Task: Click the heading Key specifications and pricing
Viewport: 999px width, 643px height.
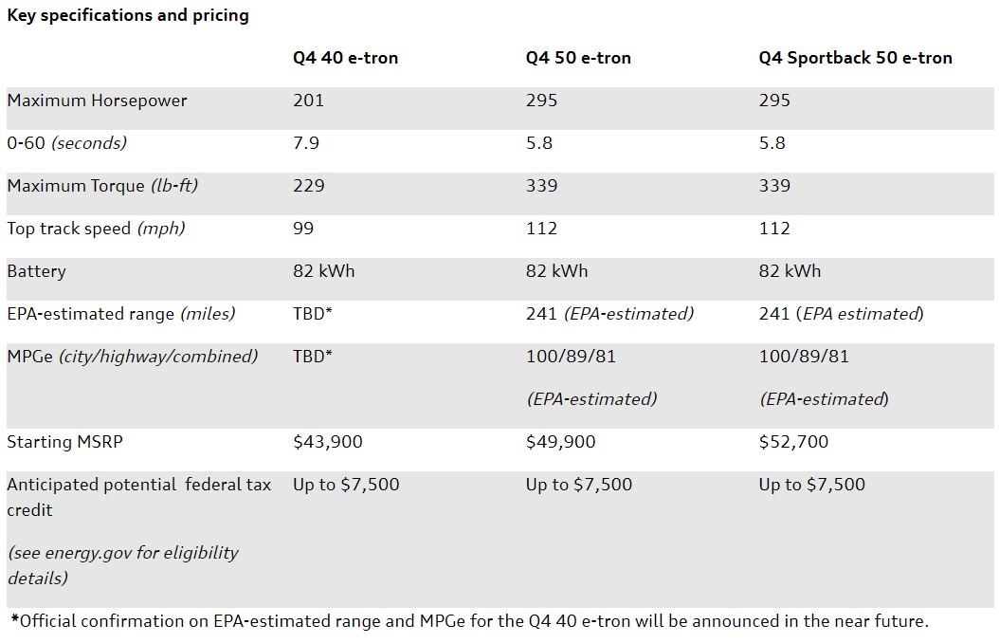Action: tap(128, 16)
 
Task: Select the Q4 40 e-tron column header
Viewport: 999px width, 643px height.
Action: tap(345, 58)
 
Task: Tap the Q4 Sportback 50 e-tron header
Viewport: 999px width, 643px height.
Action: tap(855, 58)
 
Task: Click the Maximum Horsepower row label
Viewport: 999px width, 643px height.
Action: tap(97, 101)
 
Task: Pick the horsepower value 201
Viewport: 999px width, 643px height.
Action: tap(308, 101)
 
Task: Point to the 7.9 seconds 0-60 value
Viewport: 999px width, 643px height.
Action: tap(306, 143)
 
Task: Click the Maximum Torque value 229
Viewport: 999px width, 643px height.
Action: tap(308, 186)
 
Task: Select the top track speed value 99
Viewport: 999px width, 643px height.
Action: tap(303, 229)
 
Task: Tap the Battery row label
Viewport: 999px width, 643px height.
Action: tap(36, 271)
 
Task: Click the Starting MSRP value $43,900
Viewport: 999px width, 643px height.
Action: tap(327, 442)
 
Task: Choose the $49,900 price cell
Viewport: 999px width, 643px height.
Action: tap(560, 442)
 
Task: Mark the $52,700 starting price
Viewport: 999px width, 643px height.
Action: tap(793, 442)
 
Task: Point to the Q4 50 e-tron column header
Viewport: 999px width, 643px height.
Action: tap(578, 58)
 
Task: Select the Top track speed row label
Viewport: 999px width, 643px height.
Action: tap(96, 229)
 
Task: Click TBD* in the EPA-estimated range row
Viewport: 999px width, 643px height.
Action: tap(312, 314)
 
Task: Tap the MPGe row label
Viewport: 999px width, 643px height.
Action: tap(132, 357)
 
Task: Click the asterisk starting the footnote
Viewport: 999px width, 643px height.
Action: tap(14, 621)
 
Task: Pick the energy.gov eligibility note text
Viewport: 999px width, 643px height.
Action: tap(122, 564)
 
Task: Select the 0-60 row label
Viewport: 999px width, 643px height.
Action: tap(66, 143)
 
